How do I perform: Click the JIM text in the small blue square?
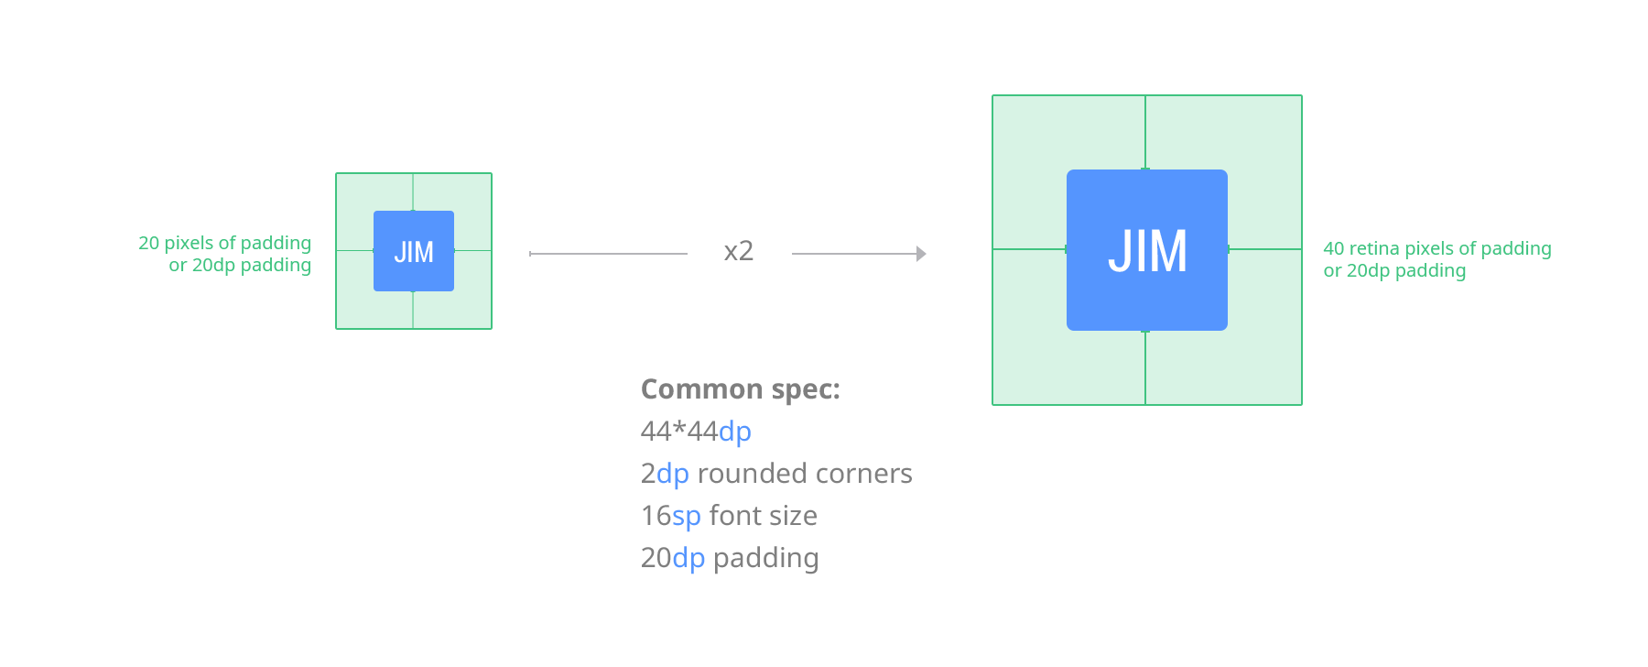(x=414, y=252)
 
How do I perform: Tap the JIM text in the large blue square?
(x=1148, y=251)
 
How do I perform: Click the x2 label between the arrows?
(x=739, y=250)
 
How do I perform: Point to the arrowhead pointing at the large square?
(x=921, y=254)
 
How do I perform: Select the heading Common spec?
(x=741, y=389)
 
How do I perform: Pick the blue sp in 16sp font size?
(x=687, y=516)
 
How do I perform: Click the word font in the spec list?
(x=732, y=515)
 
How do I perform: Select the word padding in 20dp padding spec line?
(x=766, y=558)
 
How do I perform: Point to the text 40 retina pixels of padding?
(x=1437, y=248)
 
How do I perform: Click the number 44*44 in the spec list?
(x=679, y=431)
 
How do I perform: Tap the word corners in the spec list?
(x=864, y=474)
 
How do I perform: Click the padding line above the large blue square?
(x=1145, y=133)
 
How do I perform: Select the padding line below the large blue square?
(x=1145, y=367)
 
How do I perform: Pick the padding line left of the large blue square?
(x=1030, y=249)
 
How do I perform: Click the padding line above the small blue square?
(x=413, y=192)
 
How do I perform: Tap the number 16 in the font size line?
(x=656, y=516)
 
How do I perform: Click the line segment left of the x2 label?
(x=608, y=254)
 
